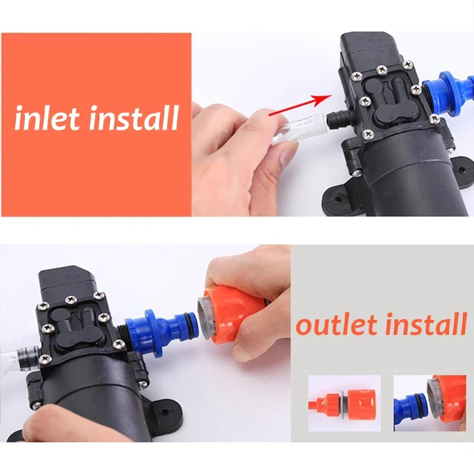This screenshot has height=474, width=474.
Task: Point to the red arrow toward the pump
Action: (299, 104)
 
